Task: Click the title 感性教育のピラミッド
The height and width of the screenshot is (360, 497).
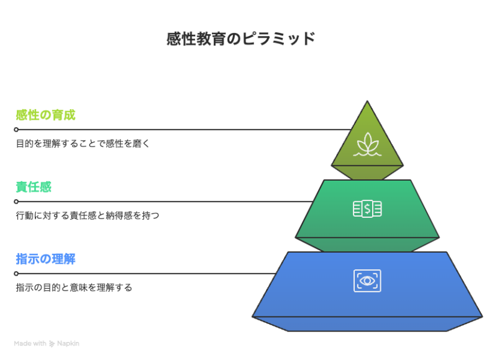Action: click(x=241, y=39)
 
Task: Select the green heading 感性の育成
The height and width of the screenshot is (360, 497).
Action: click(x=45, y=115)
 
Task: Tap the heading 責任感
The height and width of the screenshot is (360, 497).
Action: click(x=34, y=187)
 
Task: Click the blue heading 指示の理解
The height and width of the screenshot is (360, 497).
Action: click(x=45, y=259)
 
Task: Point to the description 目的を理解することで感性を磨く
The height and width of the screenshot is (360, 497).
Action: click(x=83, y=143)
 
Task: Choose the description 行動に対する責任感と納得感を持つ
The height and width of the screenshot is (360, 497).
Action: click(x=88, y=215)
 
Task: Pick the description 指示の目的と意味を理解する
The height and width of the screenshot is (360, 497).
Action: click(x=74, y=287)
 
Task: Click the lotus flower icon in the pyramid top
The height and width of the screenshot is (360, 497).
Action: click(x=367, y=145)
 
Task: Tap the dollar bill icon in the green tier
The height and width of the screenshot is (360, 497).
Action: click(x=367, y=209)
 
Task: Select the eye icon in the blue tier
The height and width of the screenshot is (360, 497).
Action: click(x=367, y=281)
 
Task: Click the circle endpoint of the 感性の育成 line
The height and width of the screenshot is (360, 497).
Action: click(x=16, y=130)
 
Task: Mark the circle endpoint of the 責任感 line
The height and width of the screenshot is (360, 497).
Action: click(x=16, y=201)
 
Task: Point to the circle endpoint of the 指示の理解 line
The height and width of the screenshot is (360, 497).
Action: click(x=16, y=274)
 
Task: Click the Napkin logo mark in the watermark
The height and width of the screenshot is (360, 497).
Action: click(x=52, y=344)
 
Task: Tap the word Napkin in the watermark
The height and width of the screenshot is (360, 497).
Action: click(x=68, y=343)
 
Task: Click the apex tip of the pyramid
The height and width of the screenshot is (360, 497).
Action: click(x=367, y=101)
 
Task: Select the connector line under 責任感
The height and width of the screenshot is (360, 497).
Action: click(x=165, y=201)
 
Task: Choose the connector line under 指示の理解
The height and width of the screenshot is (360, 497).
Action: click(x=147, y=274)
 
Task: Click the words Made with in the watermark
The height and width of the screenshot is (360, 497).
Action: click(x=30, y=343)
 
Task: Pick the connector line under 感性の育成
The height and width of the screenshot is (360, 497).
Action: click(x=185, y=130)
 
